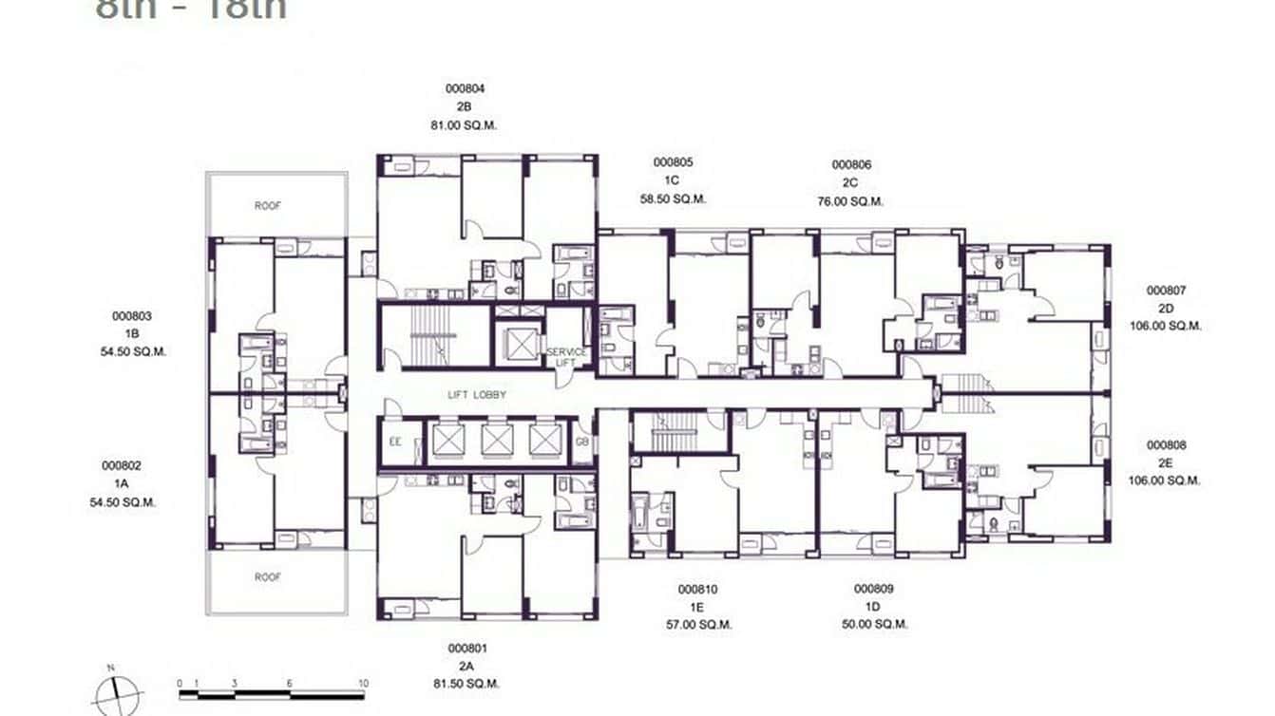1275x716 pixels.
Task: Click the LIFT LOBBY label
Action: tap(478, 394)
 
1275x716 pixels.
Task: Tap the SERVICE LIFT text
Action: tap(566, 357)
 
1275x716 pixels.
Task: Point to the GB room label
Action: tap(581, 443)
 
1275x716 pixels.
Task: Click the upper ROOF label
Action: tap(268, 205)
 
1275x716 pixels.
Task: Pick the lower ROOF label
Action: tap(268, 576)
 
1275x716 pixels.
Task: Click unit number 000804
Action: tap(465, 88)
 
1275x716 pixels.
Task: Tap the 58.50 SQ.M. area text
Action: tap(673, 198)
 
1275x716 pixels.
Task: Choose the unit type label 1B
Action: tap(132, 333)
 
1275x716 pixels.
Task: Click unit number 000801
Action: tap(467, 648)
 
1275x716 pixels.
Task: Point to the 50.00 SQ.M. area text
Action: tap(874, 624)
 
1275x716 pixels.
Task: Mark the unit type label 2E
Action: tap(1166, 462)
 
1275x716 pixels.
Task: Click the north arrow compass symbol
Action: tap(119, 693)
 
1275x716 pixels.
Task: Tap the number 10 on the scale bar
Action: tap(363, 683)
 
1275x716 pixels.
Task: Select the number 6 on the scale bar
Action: tap(289, 683)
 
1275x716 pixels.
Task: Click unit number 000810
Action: tap(697, 589)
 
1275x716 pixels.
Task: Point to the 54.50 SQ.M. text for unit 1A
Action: tap(123, 501)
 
